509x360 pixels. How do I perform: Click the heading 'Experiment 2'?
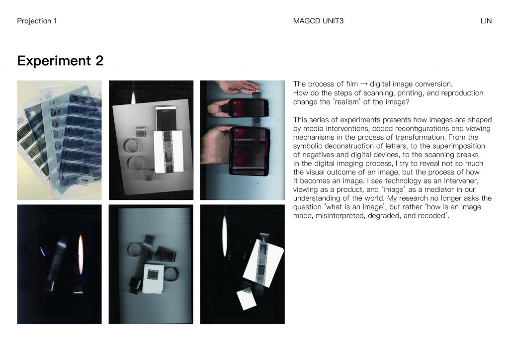click(x=60, y=61)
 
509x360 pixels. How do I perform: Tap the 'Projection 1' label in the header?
click(x=37, y=21)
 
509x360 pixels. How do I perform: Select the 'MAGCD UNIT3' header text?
click(x=318, y=21)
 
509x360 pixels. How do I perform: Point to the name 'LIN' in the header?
click(x=486, y=21)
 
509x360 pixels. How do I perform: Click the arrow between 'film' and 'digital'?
click(x=364, y=84)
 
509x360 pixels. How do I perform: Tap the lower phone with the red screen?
click(x=250, y=151)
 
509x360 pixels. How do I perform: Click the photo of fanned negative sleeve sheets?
click(x=60, y=140)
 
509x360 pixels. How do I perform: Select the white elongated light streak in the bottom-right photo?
click(x=224, y=232)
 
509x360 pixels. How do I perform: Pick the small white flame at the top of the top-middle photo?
click(x=133, y=97)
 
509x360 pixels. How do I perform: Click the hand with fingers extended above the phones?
click(x=239, y=86)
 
